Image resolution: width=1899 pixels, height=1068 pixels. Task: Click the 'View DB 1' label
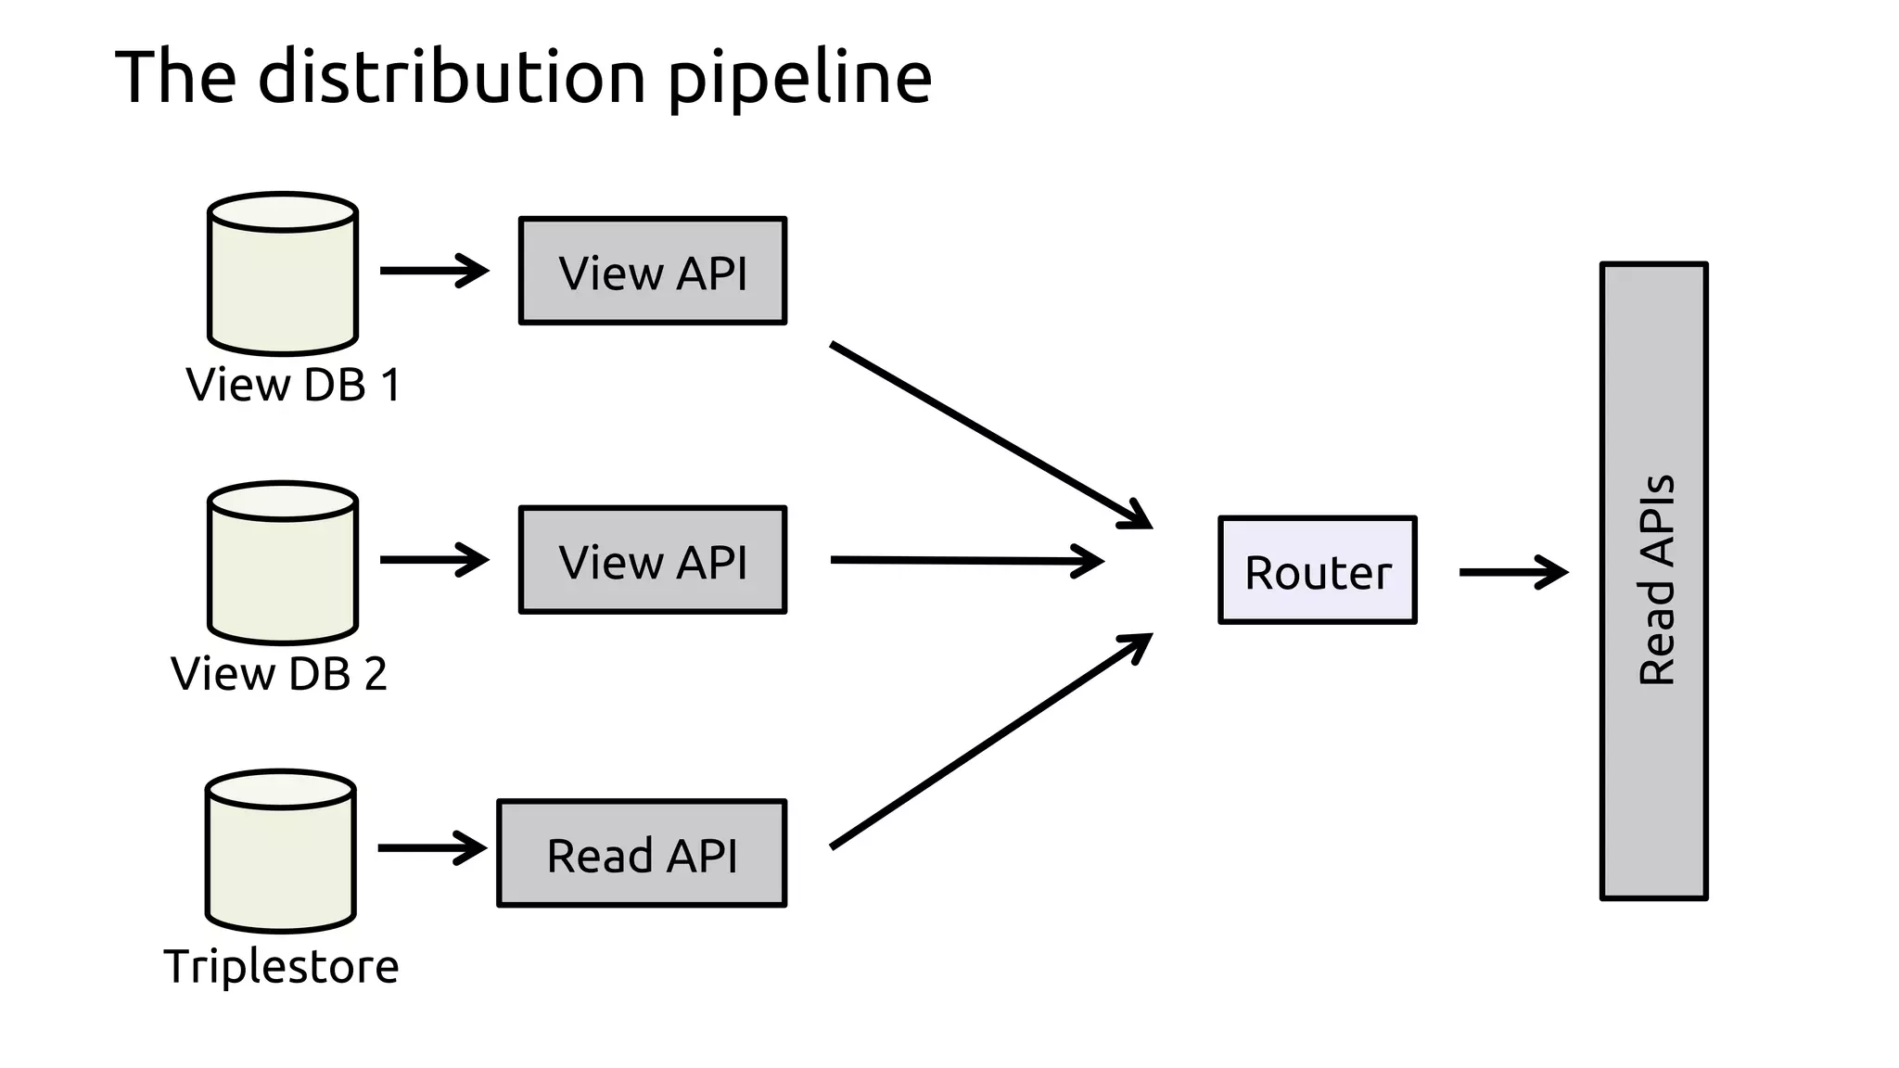pyautogui.click(x=293, y=385)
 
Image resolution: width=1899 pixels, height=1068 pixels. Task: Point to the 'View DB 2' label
pyautogui.click(x=279, y=674)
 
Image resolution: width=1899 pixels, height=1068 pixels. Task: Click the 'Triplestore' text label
pyautogui.click(x=281, y=967)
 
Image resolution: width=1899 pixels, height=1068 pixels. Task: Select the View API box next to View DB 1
pyautogui.click(x=653, y=271)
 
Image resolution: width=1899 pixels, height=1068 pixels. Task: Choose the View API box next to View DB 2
pyautogui.click(x=653, y=560)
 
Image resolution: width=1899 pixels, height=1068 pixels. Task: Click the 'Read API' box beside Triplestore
pyautogui.click(x=642, y=853)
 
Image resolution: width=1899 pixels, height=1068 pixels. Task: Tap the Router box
pyautogui.click(x=1317, y=570)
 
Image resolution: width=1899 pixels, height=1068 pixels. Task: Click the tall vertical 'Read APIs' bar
pyautogui.click(x=1653, y=581)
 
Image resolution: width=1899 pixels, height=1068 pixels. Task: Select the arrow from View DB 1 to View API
pyautogui.click(x=433, y=271)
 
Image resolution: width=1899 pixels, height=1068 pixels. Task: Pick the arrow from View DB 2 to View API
pyautogui.click(x=433, y=560)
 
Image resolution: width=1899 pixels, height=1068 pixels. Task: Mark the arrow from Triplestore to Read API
pyautogui.click(x=431, y=847)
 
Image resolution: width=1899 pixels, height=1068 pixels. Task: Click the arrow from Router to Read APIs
pyautogui.click(x=1512, y=572)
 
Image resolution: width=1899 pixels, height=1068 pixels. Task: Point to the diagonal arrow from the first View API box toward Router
pyautogui.click(x=989, y=435)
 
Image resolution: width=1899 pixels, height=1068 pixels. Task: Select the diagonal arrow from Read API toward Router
pyautogui.click(x=989, y=742)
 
